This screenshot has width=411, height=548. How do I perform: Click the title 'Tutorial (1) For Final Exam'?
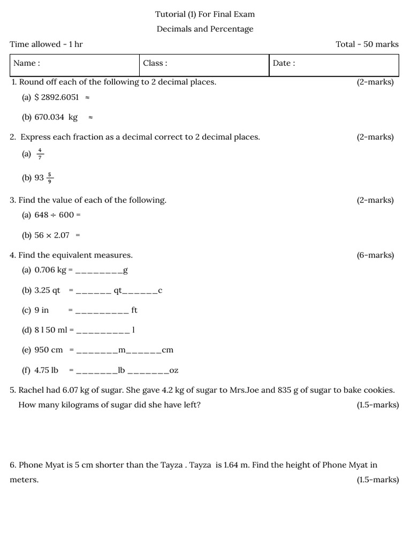click(205, 14)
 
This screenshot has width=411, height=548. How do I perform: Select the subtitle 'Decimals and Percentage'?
click(205, 29)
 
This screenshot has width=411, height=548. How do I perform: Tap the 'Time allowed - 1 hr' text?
click(46, 44)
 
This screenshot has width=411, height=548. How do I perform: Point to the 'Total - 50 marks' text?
click(367, 44)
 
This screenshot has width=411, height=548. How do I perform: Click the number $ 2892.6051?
click(57, 97)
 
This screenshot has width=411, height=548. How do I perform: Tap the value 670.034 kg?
click(56, 117)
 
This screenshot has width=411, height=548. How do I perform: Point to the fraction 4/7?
click(40, 154)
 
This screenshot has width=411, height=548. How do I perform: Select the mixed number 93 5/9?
click(44, 178)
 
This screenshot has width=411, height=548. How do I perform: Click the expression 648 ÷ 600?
click(55, 215)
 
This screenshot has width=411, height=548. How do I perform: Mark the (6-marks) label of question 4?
click(375, 255)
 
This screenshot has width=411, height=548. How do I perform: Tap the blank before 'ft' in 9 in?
click(102, 311)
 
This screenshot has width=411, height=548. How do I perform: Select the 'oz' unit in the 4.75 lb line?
click(174, 370)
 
